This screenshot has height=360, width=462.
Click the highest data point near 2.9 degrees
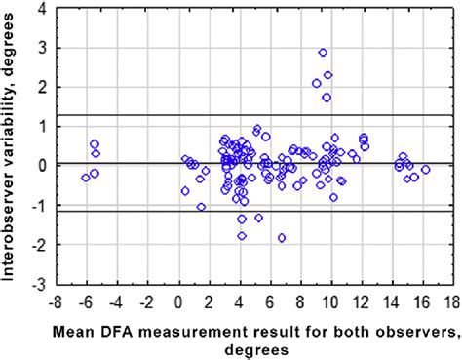pyautogui.click(x=324, y=52)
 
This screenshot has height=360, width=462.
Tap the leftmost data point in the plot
pyautogui.click(x=86, y=177)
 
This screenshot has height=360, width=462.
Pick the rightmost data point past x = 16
pyautogui.click(x=426, y=170)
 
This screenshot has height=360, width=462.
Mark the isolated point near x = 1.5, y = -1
pyautogui.click(x=201, y=207)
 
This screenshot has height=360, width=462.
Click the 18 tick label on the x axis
pyautogui.click(x=454, y=301)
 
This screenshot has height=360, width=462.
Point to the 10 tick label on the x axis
pyautogui.click(x=331, y=301)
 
